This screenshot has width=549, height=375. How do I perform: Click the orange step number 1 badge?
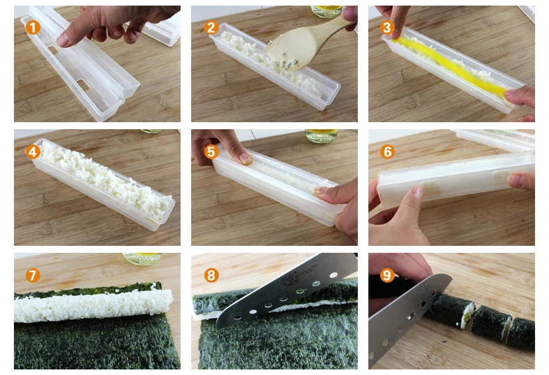pos(33,27)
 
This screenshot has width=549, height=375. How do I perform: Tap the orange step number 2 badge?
pos(211,27)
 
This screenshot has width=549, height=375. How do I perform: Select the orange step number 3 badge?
pos(387,27)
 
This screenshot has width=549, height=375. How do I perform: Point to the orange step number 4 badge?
pos(33,152)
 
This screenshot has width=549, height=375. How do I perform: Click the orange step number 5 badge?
pos(211,152)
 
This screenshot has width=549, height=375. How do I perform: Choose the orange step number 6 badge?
pos(387,152)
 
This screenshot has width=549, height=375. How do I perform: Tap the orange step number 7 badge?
pos(33,275)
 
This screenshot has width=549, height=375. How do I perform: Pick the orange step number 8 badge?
pos(211,275)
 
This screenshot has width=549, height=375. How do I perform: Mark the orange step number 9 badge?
pos(387,275)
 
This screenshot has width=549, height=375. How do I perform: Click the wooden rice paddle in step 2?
pos(304,44)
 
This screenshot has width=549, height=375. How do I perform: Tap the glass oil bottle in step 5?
pos(321,135)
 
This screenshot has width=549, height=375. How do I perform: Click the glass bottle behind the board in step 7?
pos(142,258)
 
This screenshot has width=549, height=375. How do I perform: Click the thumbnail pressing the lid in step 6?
pos(417,192)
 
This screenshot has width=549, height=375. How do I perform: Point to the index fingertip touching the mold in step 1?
pos(63,40)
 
